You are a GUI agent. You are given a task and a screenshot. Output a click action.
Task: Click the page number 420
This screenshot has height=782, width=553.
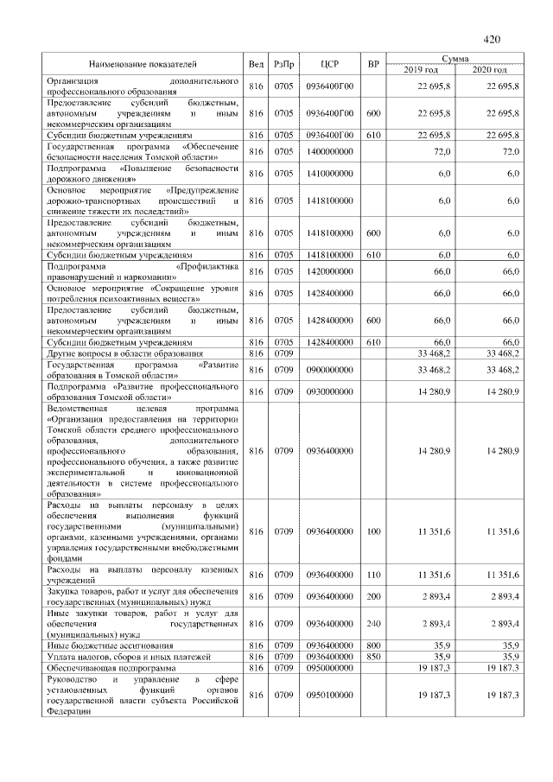pyautogui.click(x=492, y=39)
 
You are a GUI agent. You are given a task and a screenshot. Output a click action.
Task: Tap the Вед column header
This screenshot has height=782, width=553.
pyautogui.click(x=256, y=64)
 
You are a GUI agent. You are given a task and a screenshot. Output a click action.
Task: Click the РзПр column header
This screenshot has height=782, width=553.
pyautogui.click(x=283, y=64)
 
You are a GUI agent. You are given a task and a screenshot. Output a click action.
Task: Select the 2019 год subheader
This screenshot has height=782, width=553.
pyautogui.click(x=421, y=69)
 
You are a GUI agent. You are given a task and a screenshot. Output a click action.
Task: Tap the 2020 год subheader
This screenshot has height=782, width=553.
pyautogui.click(x=489, y=69)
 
